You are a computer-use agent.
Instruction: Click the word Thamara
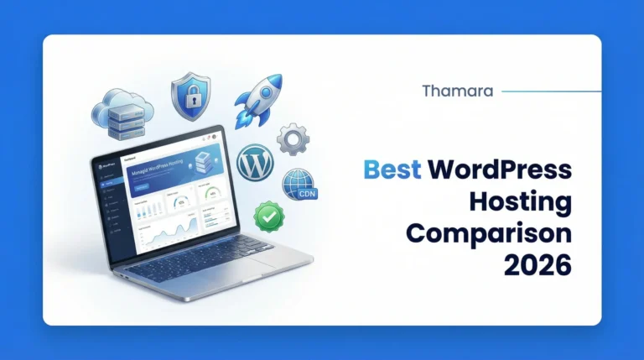(459, 91)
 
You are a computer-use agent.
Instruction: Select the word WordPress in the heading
(500, 170)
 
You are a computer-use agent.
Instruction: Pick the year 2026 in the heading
(538, 265)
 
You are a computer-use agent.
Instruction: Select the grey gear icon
(293, 139)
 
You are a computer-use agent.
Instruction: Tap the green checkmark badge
(269, 216)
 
